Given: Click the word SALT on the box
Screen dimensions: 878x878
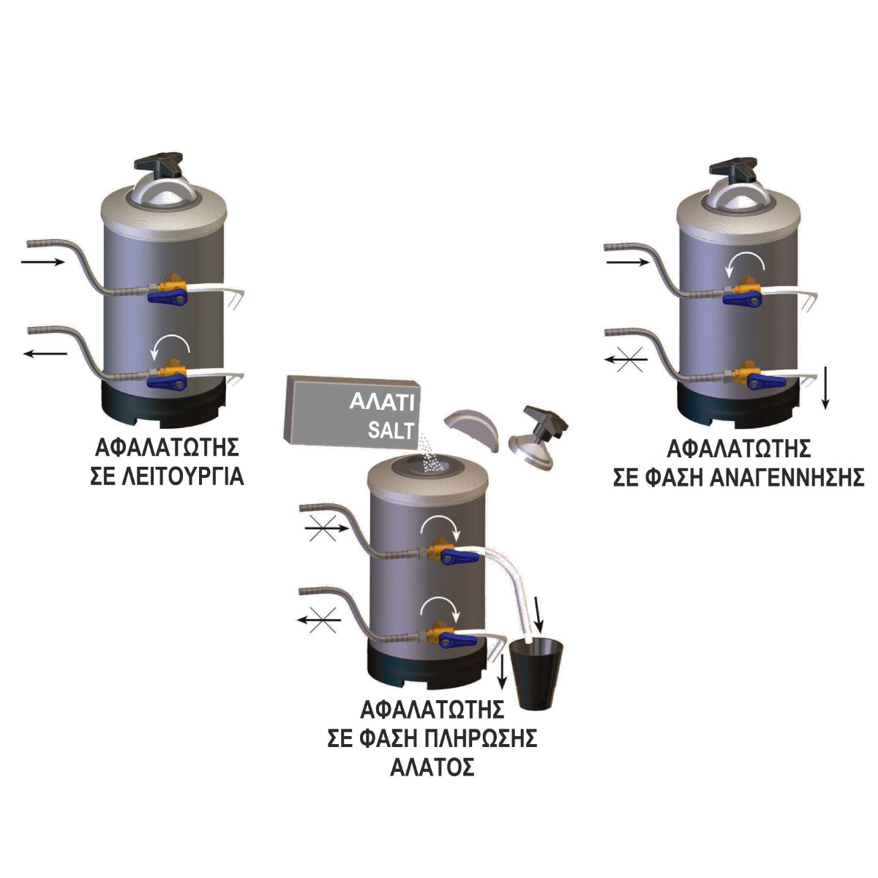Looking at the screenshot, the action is tap(391, 430).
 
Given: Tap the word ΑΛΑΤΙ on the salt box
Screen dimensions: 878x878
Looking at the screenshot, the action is tap(382, 402).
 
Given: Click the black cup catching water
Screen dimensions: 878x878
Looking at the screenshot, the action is tap(536, 675).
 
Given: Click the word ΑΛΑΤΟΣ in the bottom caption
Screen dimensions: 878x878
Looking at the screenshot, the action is tap(432, 768).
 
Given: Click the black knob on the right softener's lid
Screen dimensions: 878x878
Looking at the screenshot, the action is tap(734, 169).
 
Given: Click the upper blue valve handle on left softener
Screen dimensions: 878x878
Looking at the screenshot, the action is tap(168, 296).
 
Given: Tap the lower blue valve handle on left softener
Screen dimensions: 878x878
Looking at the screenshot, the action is tap(168, 382).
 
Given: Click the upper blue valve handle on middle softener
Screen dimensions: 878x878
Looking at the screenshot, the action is tap(459, 555).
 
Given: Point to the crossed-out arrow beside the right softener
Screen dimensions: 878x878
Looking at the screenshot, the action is tap(626, 359).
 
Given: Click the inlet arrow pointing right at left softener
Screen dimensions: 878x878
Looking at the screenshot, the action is tap(42, 261).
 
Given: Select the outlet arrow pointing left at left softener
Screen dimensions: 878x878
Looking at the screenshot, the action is tap(45, 353).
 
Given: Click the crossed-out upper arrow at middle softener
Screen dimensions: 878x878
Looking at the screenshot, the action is tap(326, 528).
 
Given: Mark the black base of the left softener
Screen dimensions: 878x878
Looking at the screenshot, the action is tap(163, 404).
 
